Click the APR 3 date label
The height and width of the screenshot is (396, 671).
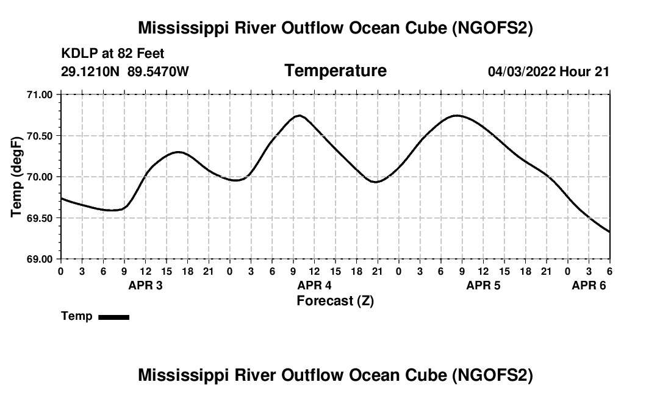[x=145, y=285]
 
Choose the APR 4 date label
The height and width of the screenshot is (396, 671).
[x=314, y=285]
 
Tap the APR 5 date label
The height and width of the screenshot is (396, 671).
[x=483, y=285]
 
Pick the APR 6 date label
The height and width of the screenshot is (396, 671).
[x=589, y=285]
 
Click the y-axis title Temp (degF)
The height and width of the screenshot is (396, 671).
[x=17, y=177]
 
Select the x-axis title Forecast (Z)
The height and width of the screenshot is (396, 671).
[x=335, y=300]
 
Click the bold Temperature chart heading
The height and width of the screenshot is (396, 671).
[x=335, y=71]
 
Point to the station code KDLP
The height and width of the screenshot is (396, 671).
[x=77, y=54]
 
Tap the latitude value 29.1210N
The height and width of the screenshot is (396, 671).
[x=91, y=72]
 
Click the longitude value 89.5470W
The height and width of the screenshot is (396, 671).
[x=158, y=72]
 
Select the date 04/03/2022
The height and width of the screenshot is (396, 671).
[x=522, y=72]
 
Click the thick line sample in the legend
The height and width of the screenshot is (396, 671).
[x=113, y=317]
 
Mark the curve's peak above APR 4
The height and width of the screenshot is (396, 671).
[x=299, y=115]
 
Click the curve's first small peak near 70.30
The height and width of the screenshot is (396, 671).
[x=178, y=152]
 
